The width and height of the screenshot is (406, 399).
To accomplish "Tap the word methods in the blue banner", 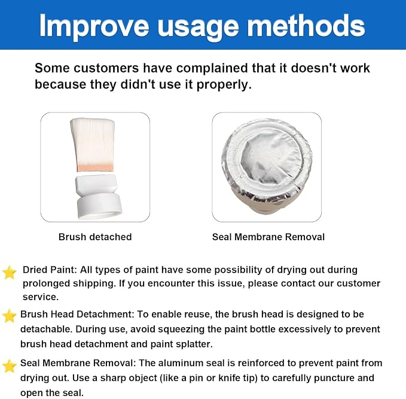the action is pos(306,25).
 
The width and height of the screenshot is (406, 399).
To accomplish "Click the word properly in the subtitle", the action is pos(224,85).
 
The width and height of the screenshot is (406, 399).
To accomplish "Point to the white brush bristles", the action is pos(93,141).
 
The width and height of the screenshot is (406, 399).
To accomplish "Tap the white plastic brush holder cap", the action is pos(99,197).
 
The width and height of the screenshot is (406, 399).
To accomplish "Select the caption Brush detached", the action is pos(95,237).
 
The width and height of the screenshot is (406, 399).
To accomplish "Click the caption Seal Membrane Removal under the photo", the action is pos(268,237).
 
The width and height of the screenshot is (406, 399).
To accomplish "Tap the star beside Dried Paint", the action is pos(10,273).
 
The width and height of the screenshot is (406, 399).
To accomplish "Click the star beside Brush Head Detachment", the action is pos(10,316).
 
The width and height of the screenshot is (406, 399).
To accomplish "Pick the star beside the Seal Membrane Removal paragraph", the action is pos(10,366).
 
